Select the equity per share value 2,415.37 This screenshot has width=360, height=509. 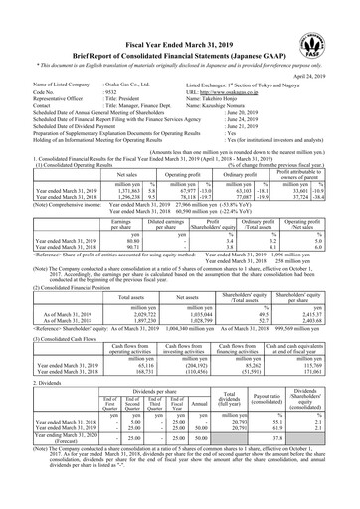point(331,284)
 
